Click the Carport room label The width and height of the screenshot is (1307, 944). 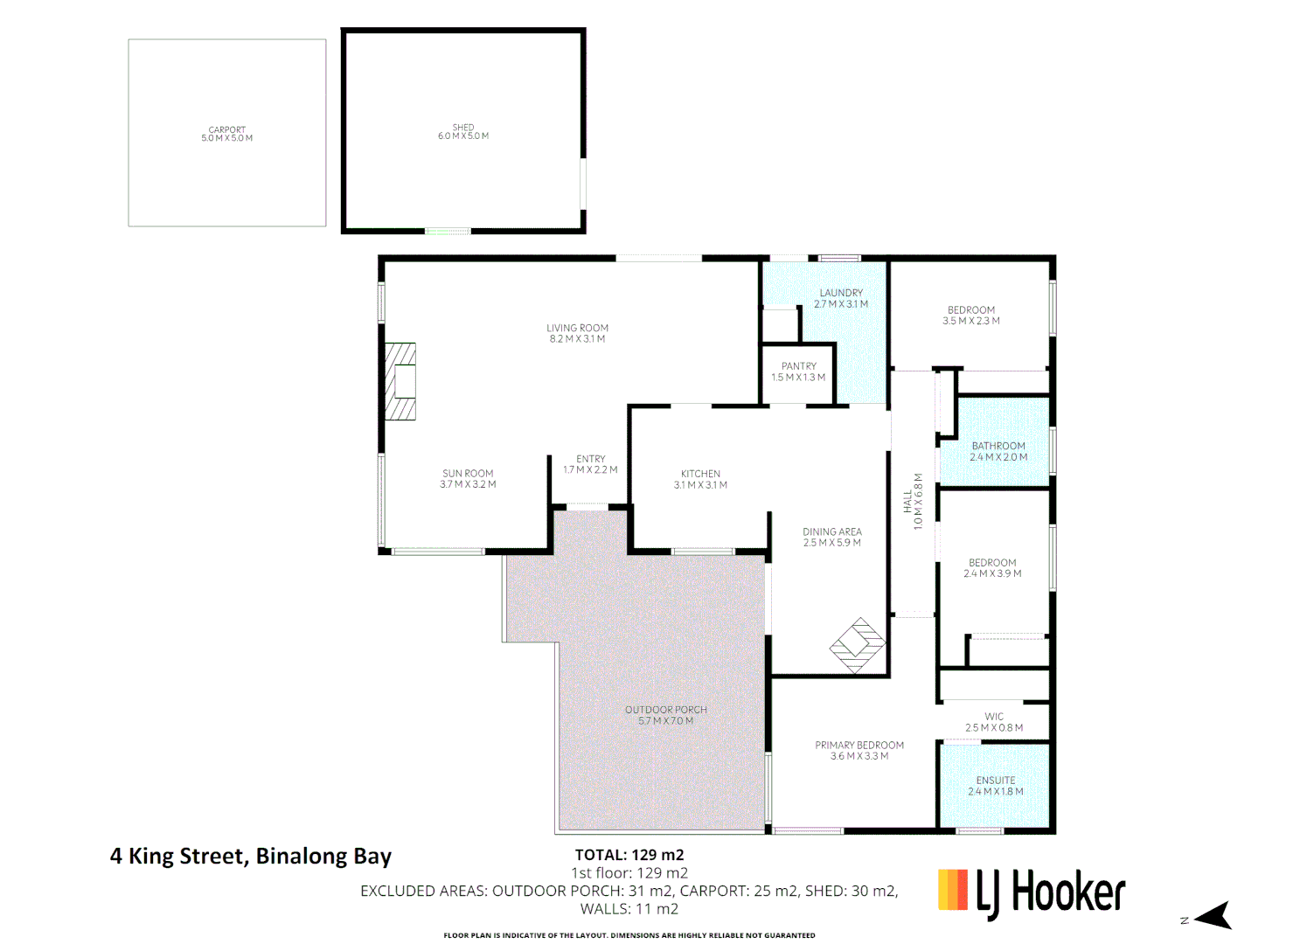click(x=226, y=134)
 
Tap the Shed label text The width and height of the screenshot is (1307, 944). click(x=463, y=132)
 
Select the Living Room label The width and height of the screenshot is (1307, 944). click(x=577, y=333)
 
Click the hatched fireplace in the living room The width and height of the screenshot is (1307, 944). click(x=401, y=382)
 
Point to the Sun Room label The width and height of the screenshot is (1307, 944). click(x=468, y=478)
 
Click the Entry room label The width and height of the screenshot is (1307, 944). click(x=590, y=464)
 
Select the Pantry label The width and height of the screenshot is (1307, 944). click(x=798, y=371)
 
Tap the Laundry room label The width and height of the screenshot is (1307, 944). click(x=841, y=298)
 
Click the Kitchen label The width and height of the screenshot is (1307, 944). click(x=700, y=479)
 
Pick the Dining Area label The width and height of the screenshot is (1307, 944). click(x=832, y=537)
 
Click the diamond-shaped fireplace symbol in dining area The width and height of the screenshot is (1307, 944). click(x=858, y=646)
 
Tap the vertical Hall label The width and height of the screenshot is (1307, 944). click(x=913, y=501)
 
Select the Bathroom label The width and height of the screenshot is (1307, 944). click(x=998, y=451)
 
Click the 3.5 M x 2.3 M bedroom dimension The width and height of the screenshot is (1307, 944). click(x=971, y=321)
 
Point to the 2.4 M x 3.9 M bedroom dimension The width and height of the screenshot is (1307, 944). click(x=992, y=573)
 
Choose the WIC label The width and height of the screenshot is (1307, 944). click(x=994, y=721)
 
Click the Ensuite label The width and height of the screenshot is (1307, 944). click(x=996, y=786)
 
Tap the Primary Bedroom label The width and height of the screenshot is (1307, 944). click(x=859, y=750)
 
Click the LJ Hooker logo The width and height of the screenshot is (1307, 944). click(x=1032, y=893)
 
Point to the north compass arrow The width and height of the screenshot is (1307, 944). click(x=1212, y=916)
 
